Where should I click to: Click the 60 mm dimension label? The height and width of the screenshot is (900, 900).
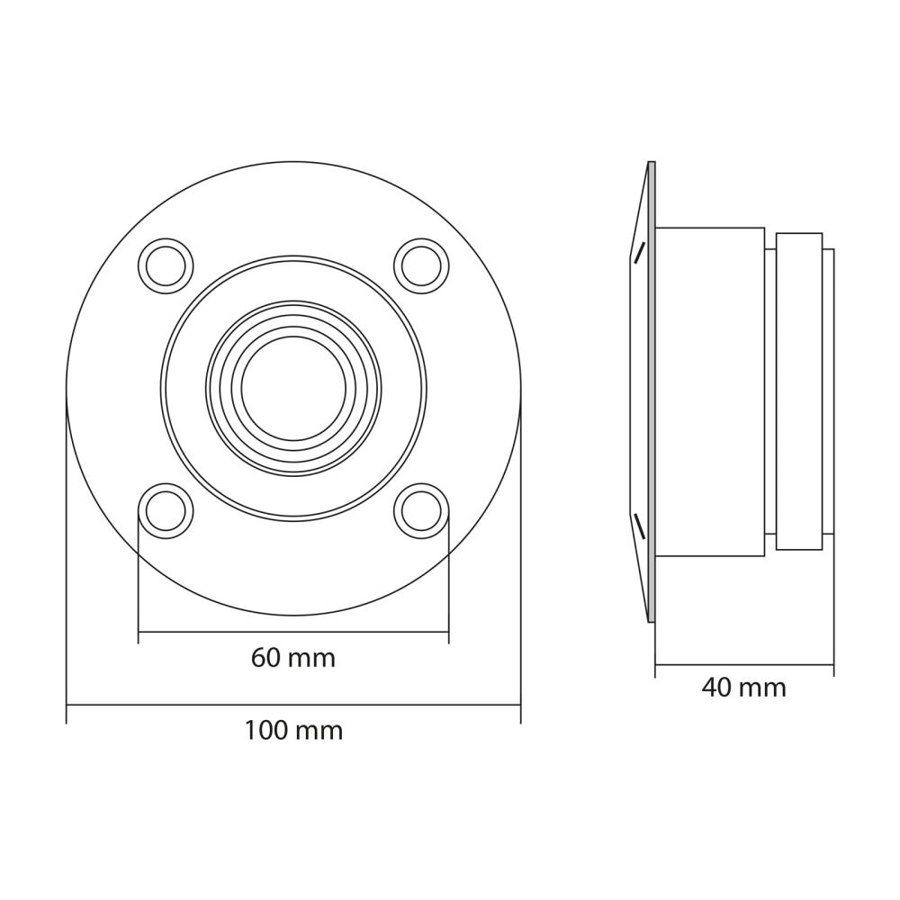(x=292, y=658)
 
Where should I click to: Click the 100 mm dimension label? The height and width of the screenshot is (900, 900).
(x=292, y=730)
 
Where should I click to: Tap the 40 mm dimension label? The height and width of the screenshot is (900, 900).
(x=743, y=688)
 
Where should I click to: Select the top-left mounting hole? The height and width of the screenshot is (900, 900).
(x=166, y=265)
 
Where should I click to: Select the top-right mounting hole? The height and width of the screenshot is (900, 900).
(x=421, y=265)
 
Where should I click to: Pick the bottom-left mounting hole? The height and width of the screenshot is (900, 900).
(x=166, y=511)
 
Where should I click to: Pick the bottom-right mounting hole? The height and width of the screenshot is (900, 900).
(x=421, y=511)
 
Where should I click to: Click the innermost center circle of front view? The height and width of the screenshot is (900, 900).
(x=293, y=389)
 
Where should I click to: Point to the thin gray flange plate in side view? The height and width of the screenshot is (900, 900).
(x=652, y=391)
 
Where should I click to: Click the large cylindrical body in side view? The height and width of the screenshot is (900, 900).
(x=710, y=391)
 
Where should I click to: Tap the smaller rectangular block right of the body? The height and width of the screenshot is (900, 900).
(x=798, y=391)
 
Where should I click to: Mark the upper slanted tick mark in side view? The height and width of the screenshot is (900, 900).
(x=639, y=253)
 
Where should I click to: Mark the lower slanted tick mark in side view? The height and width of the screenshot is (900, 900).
(x=639, y=526)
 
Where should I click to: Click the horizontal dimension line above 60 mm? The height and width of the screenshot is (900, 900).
(x=293, y=632)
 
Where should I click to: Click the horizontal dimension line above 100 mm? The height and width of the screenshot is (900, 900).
(x=293, y=705)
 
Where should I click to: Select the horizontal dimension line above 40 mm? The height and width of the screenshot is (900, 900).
(x=743, y=665)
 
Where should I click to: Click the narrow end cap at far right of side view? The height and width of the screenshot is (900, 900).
(x=828, y=391)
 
